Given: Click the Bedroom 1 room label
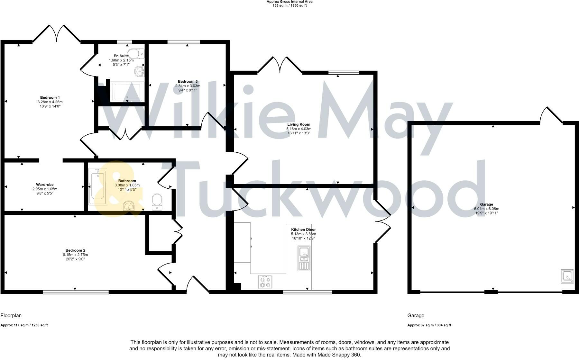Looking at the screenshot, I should click(x=50, y=97).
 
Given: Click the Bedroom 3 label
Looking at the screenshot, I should click(x=188, y=81).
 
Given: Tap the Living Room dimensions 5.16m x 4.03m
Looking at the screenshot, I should click(x=299, y=129).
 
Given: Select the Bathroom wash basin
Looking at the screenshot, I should click(x=130, y=206).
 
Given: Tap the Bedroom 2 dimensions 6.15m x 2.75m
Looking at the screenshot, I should click(x=75, y=255).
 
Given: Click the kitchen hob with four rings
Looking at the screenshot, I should click(x=265, y=282).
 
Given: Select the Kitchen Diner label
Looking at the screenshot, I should click(x=303, y=230).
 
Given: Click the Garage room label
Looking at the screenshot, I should click(x=486, y=204).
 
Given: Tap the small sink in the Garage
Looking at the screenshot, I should click(x=567, y=276).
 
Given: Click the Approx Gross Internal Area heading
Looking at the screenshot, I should click(x=289, y=2).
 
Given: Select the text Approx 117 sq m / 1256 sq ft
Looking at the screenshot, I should click(x=24, y=325).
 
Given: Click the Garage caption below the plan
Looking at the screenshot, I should click(x=416, y=315).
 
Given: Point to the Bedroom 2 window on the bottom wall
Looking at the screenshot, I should click(x=76, y=292).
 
